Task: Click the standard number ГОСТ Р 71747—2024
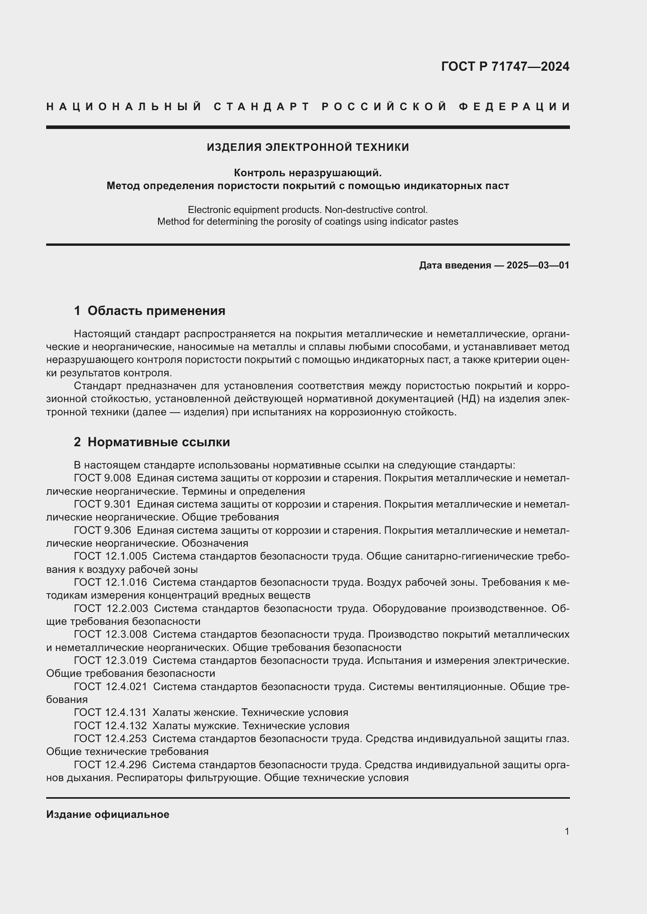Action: click(505, 66)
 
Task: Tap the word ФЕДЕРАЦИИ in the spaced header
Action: click(514, 107)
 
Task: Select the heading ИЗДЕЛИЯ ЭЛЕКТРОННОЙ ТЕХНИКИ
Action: click(307, 147)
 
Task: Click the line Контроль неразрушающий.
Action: click(307, 173)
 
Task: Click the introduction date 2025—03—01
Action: click(538, 265)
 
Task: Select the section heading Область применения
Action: click(156, 311)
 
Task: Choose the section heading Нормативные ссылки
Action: click(158, 442)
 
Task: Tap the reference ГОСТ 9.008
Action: click(102, 478)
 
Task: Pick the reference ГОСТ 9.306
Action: click(102, 530)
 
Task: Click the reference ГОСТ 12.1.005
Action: click(110, 556)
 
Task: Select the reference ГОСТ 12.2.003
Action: click(111, 608)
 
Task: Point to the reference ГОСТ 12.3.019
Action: click(110, 660)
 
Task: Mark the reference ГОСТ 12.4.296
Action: click(110, 765)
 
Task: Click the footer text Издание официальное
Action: click(108, 814)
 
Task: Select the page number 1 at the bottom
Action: click(566, 831)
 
